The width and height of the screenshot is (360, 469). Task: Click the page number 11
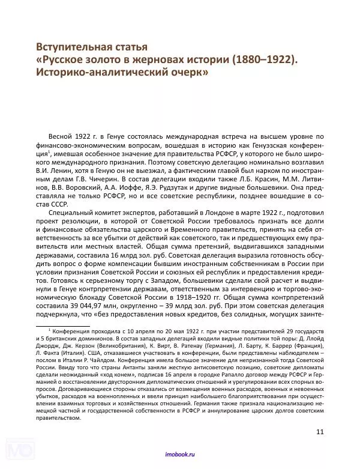(x=319, y=431)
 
